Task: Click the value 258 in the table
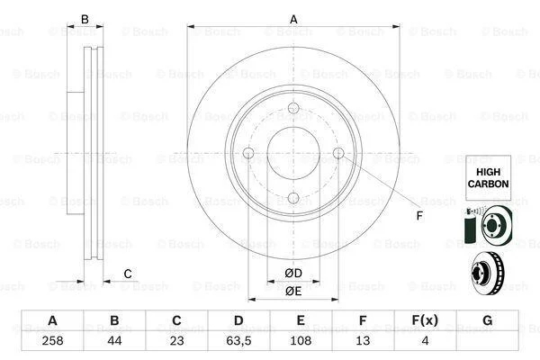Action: click(52, 341)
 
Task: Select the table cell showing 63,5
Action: click(238, 341)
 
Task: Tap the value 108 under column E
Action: click(301, 341)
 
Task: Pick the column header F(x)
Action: click(425, 320)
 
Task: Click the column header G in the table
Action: click(487, 320)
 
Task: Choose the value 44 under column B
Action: click(114, 341)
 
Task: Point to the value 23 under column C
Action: click(176, 341)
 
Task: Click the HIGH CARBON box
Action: click(488, 177)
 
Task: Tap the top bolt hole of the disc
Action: click(293, 108)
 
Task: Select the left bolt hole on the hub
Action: click(248, 153)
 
